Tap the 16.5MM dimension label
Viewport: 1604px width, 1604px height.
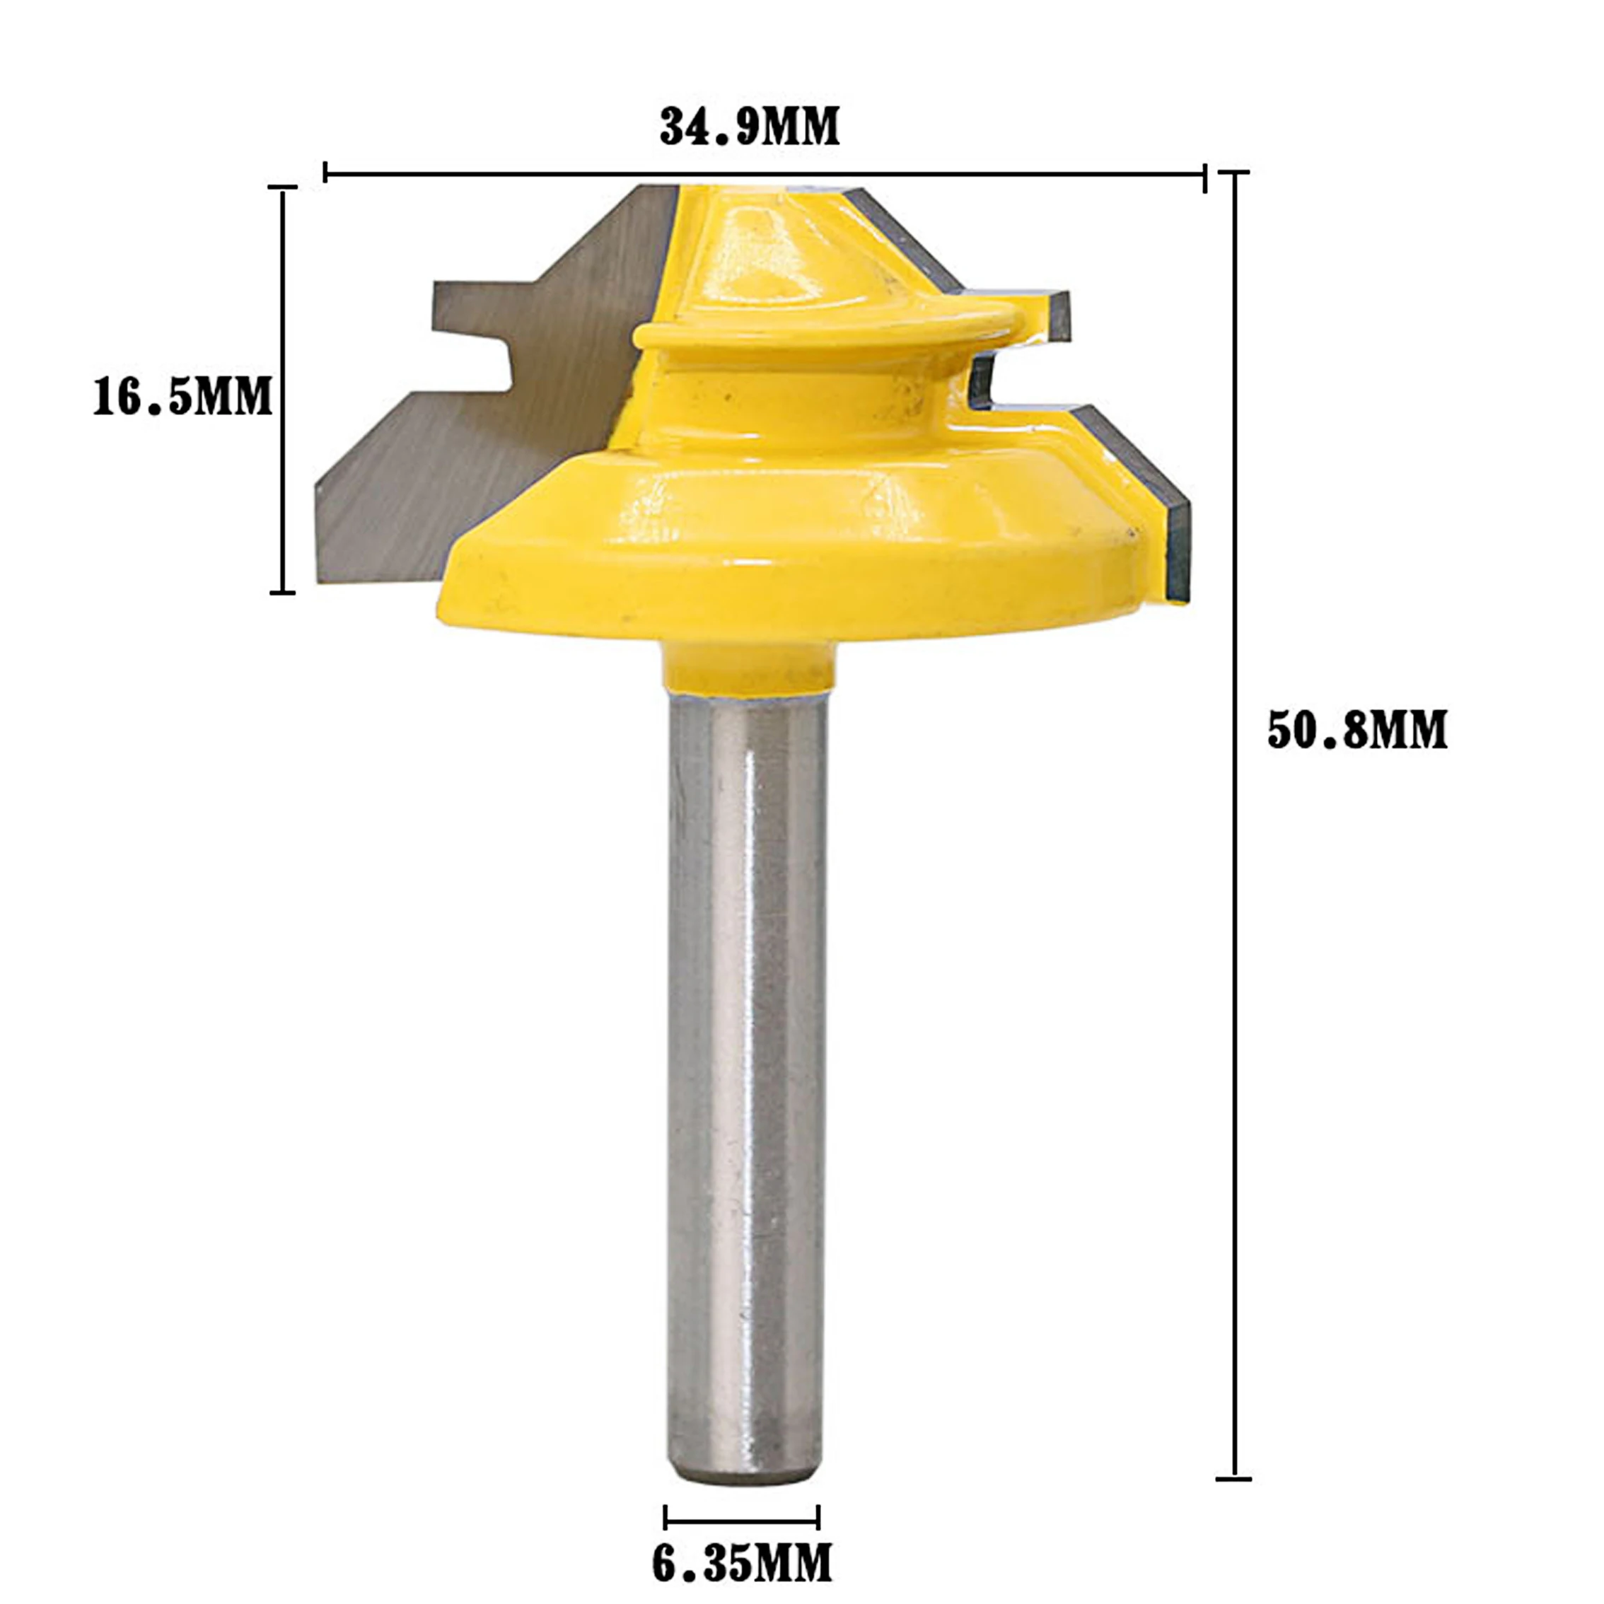coord(182,396)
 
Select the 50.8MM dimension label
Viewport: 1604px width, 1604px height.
coord(1357,731)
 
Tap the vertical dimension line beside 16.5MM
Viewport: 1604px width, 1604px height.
coord(283,390)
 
